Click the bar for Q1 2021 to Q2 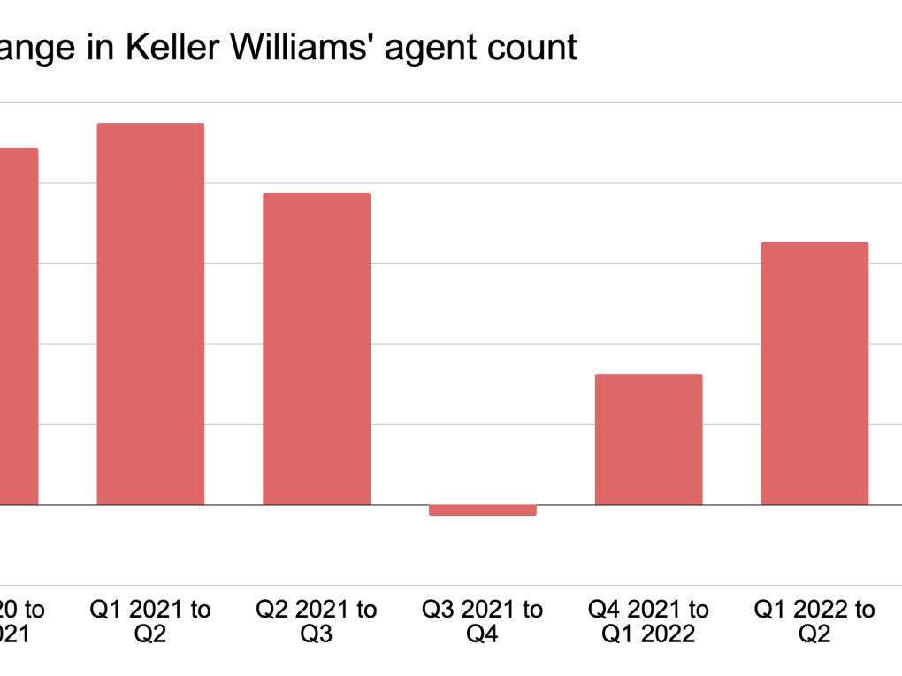click(150, 314)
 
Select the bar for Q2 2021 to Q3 click(317, 349)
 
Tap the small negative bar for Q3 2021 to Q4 click(483, 511)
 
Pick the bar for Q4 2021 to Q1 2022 click(648, 440)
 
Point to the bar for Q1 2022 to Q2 click(814, 373)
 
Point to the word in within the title click(99, 47)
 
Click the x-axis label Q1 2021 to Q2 click(150, 621)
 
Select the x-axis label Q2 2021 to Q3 click(317, 621)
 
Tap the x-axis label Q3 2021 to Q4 click(483, 621)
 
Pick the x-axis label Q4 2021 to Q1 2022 click(648, 621)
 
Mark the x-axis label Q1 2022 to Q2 click(814, 621)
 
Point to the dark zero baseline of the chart click(566, 505)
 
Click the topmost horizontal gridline click(566, 103)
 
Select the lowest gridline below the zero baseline click(566, 585)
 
